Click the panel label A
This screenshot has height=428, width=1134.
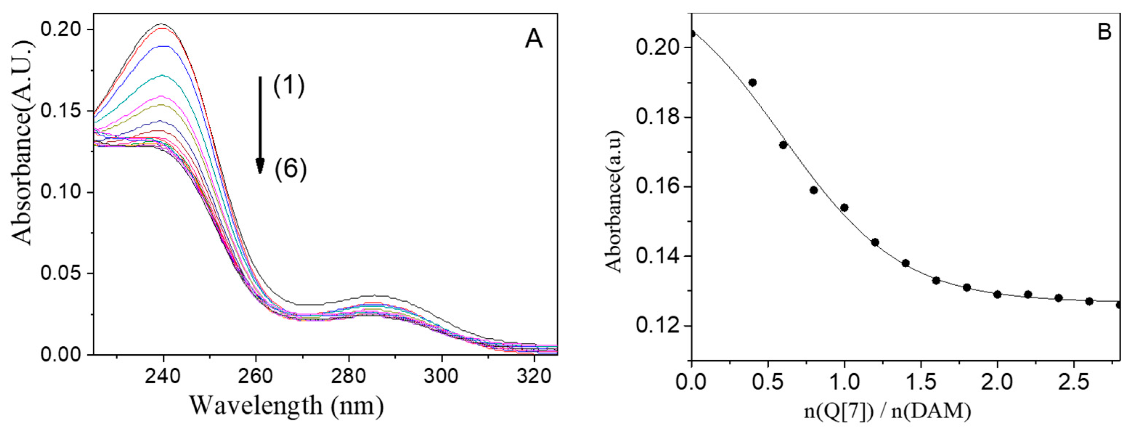(534, 39)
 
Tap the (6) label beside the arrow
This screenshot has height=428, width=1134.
(290, 169)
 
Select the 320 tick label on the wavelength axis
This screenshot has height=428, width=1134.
(534, 377)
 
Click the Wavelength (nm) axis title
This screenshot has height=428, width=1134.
(286, 405)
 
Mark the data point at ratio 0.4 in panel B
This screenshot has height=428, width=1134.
(752, 82)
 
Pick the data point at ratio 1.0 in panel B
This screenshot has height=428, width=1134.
(844, 207)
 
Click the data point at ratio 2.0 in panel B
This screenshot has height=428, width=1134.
(998, 294)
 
